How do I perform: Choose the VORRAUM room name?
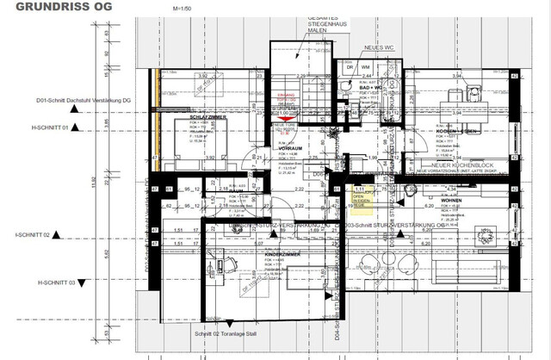pos(288,148)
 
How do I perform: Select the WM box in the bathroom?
pos(365,66)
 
